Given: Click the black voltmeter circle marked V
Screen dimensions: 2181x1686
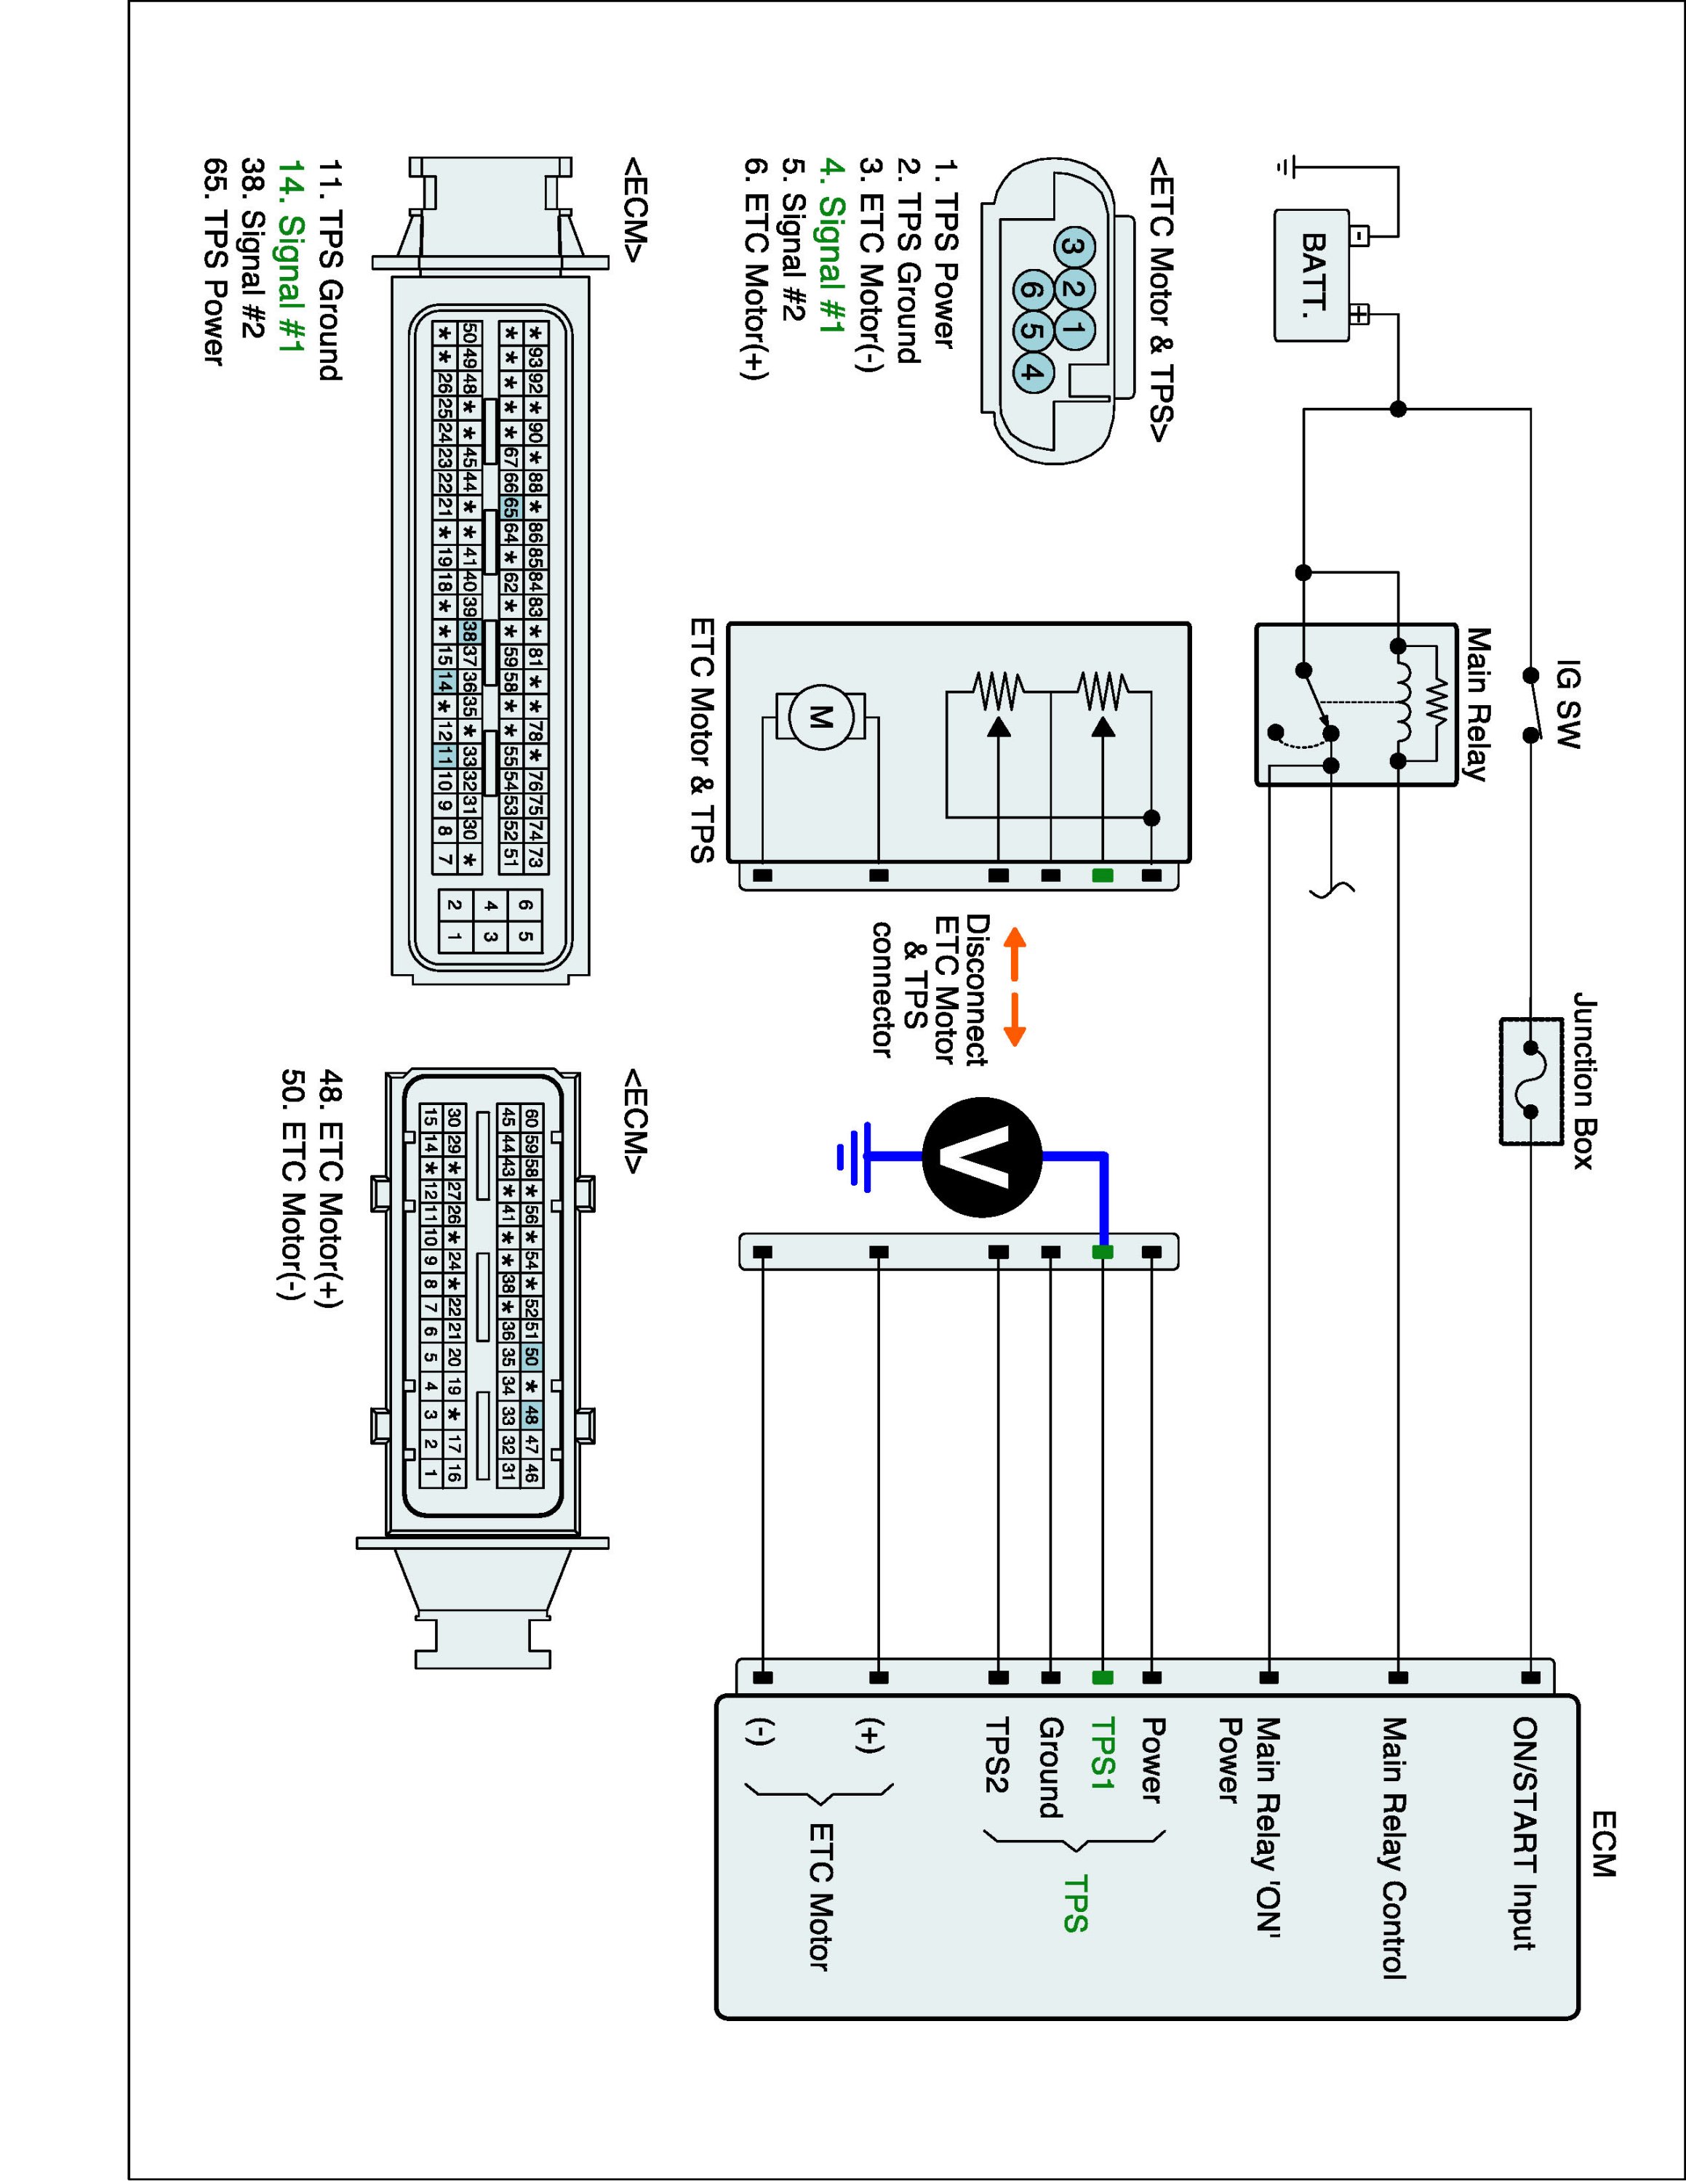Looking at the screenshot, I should pyautogui.click(x=982, y=1157).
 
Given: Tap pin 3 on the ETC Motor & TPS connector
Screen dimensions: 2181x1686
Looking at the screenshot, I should pyautogui.click(x=1071, y=246).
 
